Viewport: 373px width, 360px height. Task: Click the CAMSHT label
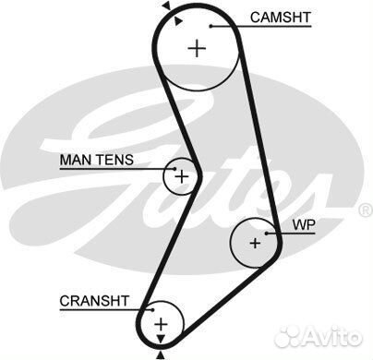(282, 17)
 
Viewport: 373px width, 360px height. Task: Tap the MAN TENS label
(97, 160)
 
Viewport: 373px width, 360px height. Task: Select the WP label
(304, 224)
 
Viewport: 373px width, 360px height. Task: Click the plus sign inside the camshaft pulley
(197, 49)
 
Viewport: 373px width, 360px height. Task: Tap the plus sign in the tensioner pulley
(182, 174)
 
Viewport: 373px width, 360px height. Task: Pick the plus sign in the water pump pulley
(255, 243)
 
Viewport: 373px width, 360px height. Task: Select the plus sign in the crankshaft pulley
(161, 323)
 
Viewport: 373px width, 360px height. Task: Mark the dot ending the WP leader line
(266, 233)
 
